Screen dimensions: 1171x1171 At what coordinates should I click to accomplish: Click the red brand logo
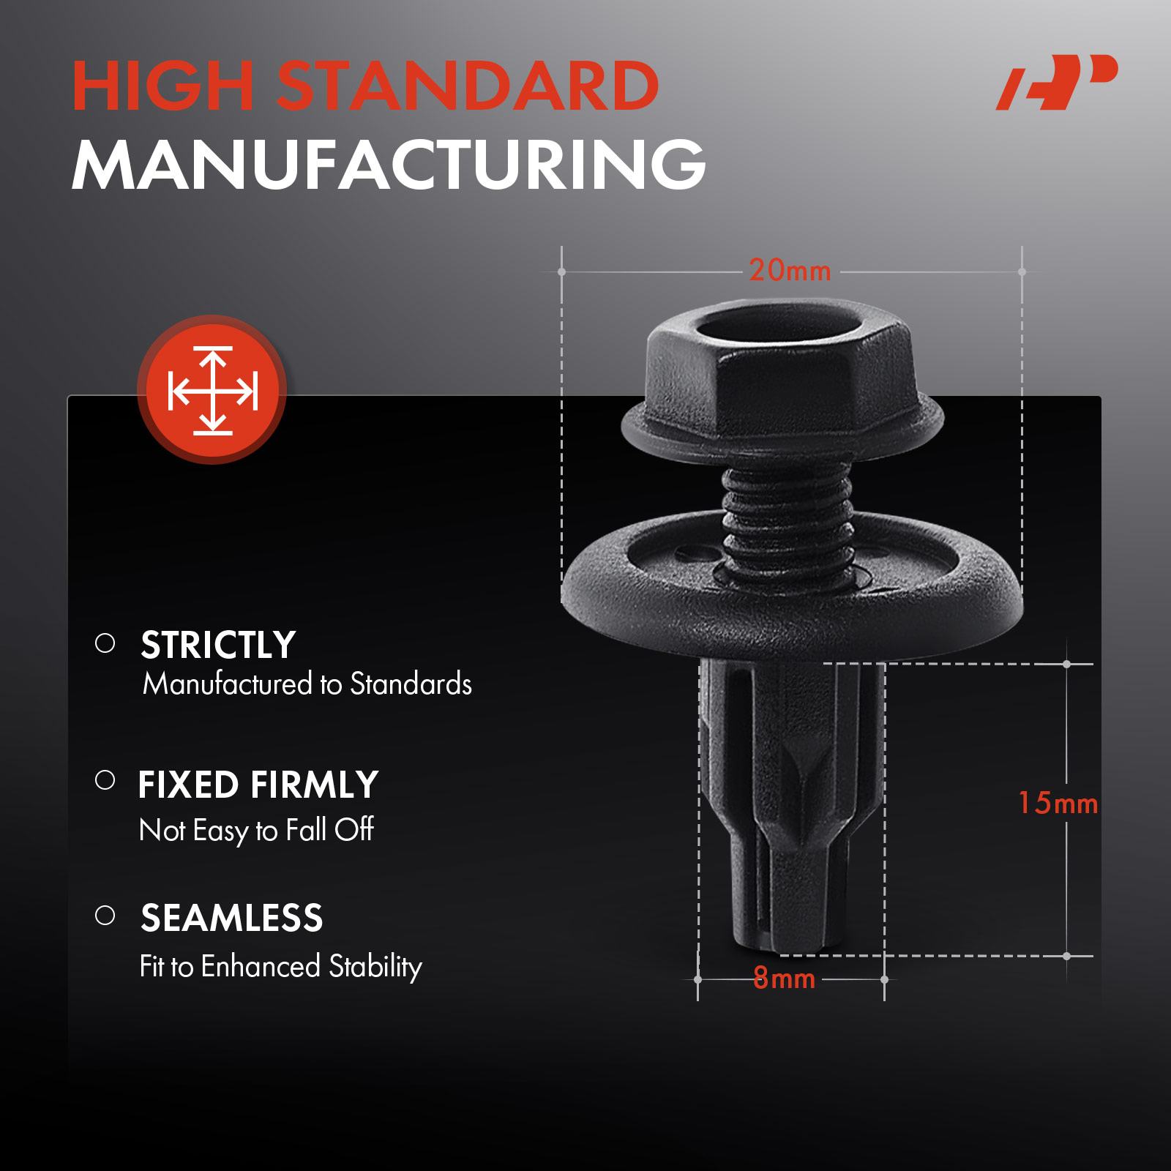pyautogui.click(x=1057, y=82)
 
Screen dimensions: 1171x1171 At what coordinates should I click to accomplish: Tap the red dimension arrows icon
pyautogui.click(x=212, y=390)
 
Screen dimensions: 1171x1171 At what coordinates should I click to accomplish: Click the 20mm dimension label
pyautogui.click(x=790, y=271)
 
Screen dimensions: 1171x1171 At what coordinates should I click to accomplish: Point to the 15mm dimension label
pyautogui.click(x=1058, y=803)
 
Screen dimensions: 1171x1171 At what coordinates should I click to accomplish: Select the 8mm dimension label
pyautogui.click(x=784, y=978)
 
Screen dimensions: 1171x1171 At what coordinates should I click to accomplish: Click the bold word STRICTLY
pyautogui.click(x=218, y=645)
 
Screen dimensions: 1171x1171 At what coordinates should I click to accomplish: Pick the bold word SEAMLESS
pyautogui.click(x=231, y=918)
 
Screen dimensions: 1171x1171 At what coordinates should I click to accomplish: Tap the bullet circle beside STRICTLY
pyautogui.click(x=105, y=643)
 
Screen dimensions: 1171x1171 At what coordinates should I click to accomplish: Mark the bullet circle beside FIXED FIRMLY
pyautogui.click(x=105, y=779)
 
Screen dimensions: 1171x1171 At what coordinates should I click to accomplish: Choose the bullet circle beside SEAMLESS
pyautogui.click(x=105, y=915)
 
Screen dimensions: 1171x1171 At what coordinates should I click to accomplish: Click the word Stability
pyautogui.click(x=375, y=968)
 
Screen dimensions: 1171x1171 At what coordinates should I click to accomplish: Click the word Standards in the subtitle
pyautogui.click(x=411, y=684)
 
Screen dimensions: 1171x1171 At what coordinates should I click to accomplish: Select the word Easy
pyautogui.click(x=221, y=831)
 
